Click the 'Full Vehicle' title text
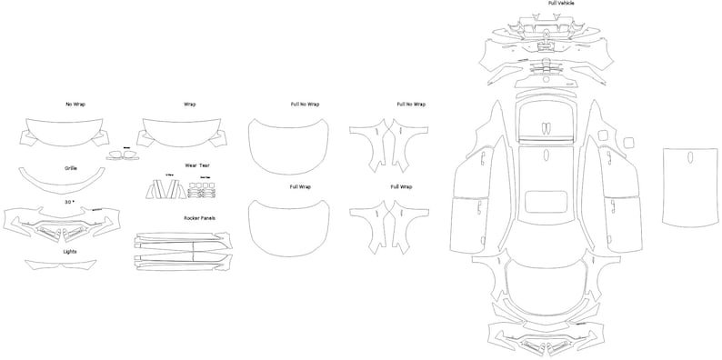[x=560, y=4]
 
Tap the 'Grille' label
[x=71, y=168]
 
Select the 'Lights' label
[x=70, y=250]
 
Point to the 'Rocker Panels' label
[x=199, y=219]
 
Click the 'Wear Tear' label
[x=197, y=166]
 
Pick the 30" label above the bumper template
[x=69, y=201]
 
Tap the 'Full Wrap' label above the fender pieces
[x=401, y=186]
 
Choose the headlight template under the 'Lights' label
[x=61, y=265]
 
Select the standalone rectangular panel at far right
[x=687, y=186]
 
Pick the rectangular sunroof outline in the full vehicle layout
[x=545, y=202]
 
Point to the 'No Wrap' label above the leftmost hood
[x=76, y=105]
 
